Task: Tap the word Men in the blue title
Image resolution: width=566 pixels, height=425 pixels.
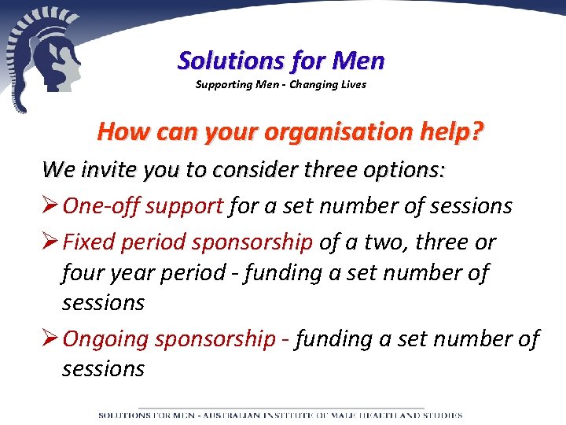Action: [x=358, y=60]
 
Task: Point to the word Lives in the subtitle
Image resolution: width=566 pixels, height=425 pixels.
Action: [x=352, y=84]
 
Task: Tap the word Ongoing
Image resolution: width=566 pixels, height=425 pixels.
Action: [x=105, y=339]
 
